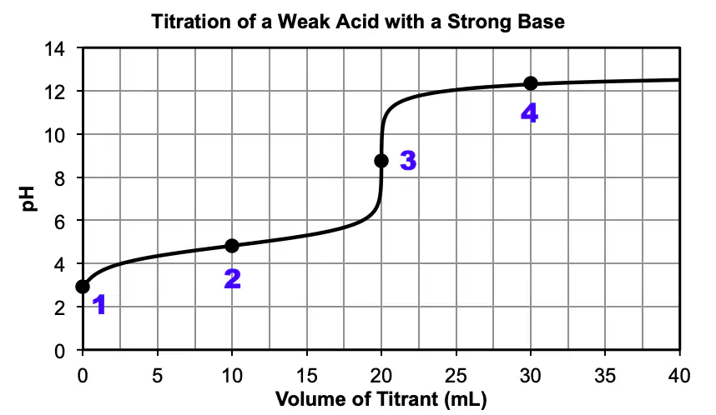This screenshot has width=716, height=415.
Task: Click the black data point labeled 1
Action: coord(83,287)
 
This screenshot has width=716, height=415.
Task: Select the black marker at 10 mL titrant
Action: coord(232,246)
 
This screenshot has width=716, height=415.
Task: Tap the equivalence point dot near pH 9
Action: coord(381,161)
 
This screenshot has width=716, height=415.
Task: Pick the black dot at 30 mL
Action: coord(531,83)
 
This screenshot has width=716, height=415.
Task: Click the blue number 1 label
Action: coord(99,305)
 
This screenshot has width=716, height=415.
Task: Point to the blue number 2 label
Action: coord(233,278)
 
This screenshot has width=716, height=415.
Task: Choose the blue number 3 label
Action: coord(408,161)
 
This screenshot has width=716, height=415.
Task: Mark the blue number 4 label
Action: coord(530,112)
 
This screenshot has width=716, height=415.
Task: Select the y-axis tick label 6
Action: coord(60,221)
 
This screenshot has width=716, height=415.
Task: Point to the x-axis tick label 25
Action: coord(456,376)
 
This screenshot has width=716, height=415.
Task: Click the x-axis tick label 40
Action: coord(679,376)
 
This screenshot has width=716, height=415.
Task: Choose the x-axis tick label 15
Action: coord(306,376)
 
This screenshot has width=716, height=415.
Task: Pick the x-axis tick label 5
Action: coord(157,376)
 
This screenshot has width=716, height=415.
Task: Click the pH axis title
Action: coord(28,199)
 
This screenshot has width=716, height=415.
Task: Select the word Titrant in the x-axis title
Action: coord(408,399)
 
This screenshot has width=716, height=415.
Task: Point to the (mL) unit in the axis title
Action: coord(466,399)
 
